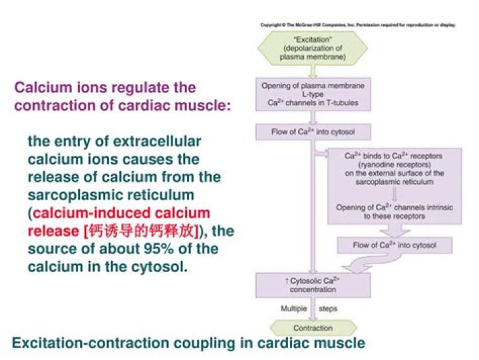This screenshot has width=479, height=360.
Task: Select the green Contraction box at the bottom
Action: pyautogui.click(x=313, y=328)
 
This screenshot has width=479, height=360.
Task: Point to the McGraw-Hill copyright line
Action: pyautogui.click(x=359, y=25)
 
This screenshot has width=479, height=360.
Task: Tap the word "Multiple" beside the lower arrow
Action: pyautogui.click(x=293, y=309)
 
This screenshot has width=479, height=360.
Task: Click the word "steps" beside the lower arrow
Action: pyautogui.click(x=329, y=309)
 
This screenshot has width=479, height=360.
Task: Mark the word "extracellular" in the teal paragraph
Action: pyautogui.click(x=157, y=142)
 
